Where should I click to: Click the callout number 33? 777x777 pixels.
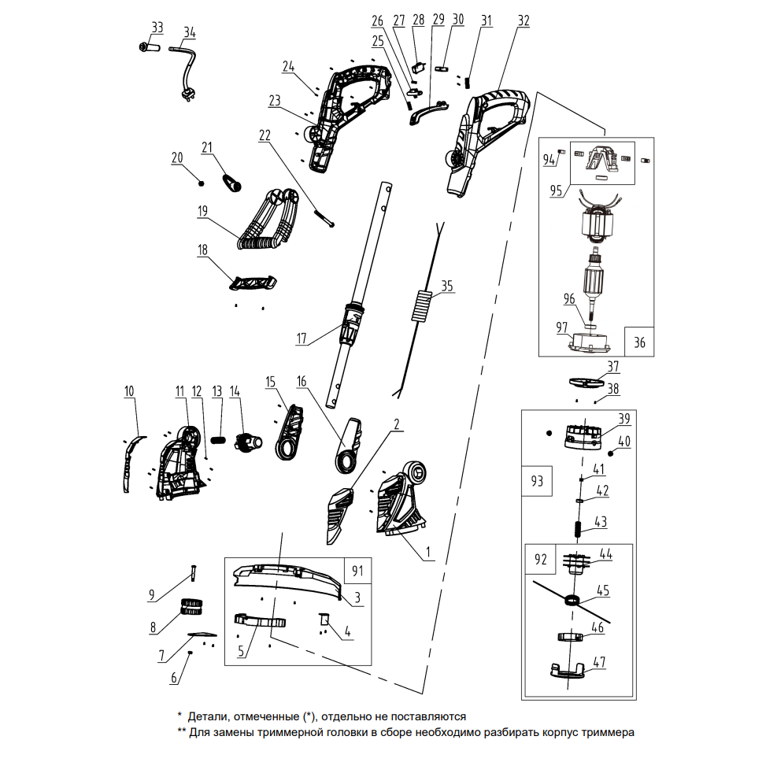tap(157, 28)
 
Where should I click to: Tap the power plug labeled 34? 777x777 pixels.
tap(189, 94)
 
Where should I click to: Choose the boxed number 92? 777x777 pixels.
tap(540, 560)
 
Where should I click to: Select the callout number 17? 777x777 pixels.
tap(302, 339)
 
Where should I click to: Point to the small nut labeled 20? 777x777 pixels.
tap(202, 183)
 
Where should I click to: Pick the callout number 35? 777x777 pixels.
tap(447, 287)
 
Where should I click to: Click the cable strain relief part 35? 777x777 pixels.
tap(422, 305)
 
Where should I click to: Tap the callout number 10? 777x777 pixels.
tap(129, 390)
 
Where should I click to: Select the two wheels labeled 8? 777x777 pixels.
tap(192, 606)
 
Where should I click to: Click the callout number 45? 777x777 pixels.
tap(603, 589)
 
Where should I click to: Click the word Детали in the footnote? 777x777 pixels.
tap(205, 717)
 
